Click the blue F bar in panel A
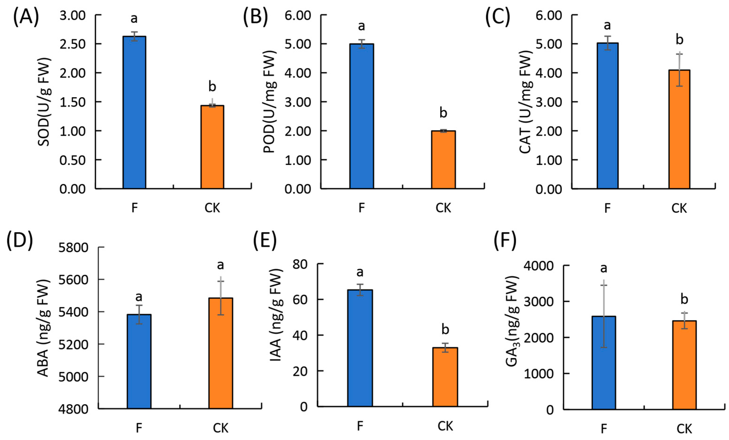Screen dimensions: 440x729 [134, 112]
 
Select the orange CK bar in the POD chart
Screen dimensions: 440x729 [443, 160]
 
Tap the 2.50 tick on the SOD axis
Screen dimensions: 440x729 [72, 44]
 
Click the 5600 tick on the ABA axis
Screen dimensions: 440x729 [73, 279]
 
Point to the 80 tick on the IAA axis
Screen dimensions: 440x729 [300, 264]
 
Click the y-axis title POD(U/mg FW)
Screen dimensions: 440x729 [269, 101]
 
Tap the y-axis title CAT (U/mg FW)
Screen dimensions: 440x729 [526, 101]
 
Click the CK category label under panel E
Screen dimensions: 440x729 [445, 426]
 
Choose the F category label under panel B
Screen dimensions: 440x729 [361, 208]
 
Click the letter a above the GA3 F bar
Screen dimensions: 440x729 [603, 268]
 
